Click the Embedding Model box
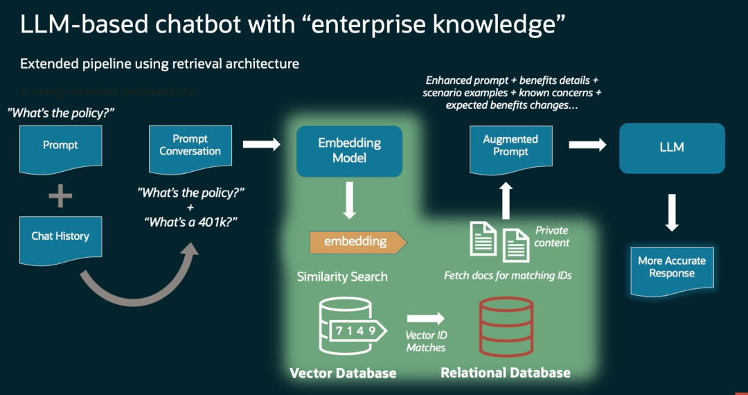[x=349, y=150]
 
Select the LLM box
[x=672, y=148]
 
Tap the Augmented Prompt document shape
[x=510, y=146]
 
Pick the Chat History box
[x=60, y=237]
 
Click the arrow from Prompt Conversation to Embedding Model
[x=261, y=144]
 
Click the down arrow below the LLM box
[x=671, y=212]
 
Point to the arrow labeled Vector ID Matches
[x=425, y=318]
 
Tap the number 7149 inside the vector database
[x=356, y=330]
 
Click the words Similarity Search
[x=342, y=276]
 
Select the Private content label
[x=552, y=236]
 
